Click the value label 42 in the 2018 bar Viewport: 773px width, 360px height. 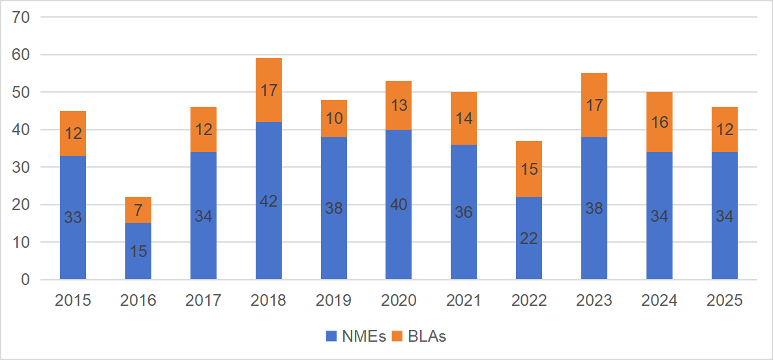(268, 202)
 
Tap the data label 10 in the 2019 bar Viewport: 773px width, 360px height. (333, 119)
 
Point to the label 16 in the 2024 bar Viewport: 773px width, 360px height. (659, 123)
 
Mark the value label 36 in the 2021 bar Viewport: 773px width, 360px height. (464, 213)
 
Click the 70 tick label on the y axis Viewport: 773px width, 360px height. (21, 18)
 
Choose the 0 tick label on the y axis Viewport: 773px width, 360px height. (25, 280)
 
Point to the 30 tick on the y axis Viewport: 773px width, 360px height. (21, 168)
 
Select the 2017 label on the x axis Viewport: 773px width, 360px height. (204, 300)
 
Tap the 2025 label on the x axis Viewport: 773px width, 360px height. (725, 300)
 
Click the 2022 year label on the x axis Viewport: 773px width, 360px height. (529, 300)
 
